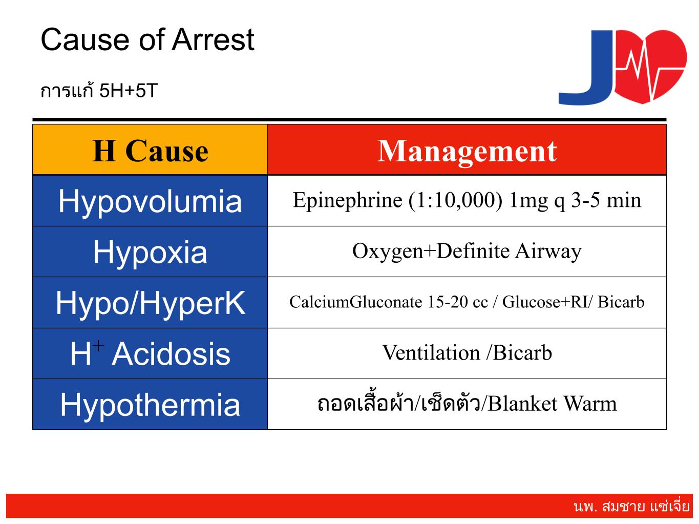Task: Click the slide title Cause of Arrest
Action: (x=147, y=39)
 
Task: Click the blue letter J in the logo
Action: (x=586, y=68)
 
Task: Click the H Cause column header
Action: (x=150, y=151)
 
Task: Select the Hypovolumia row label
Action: (x=150, y=201)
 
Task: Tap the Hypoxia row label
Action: (x=150, y=252)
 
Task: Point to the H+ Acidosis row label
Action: (x=150, y=353)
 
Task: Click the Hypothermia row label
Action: (x=150, y=405)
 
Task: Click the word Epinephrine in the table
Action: (x=347, y=201)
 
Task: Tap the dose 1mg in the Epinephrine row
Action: (x=528, y=201)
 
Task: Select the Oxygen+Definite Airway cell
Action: (x=467, y=251)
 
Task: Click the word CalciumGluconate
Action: (x=355, y=302)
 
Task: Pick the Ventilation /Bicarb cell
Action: (x=467, y=353)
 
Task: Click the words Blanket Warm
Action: (x=553, y=404)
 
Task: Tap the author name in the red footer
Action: (x=632, y=506)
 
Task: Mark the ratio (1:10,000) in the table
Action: (x=456, y=201)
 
